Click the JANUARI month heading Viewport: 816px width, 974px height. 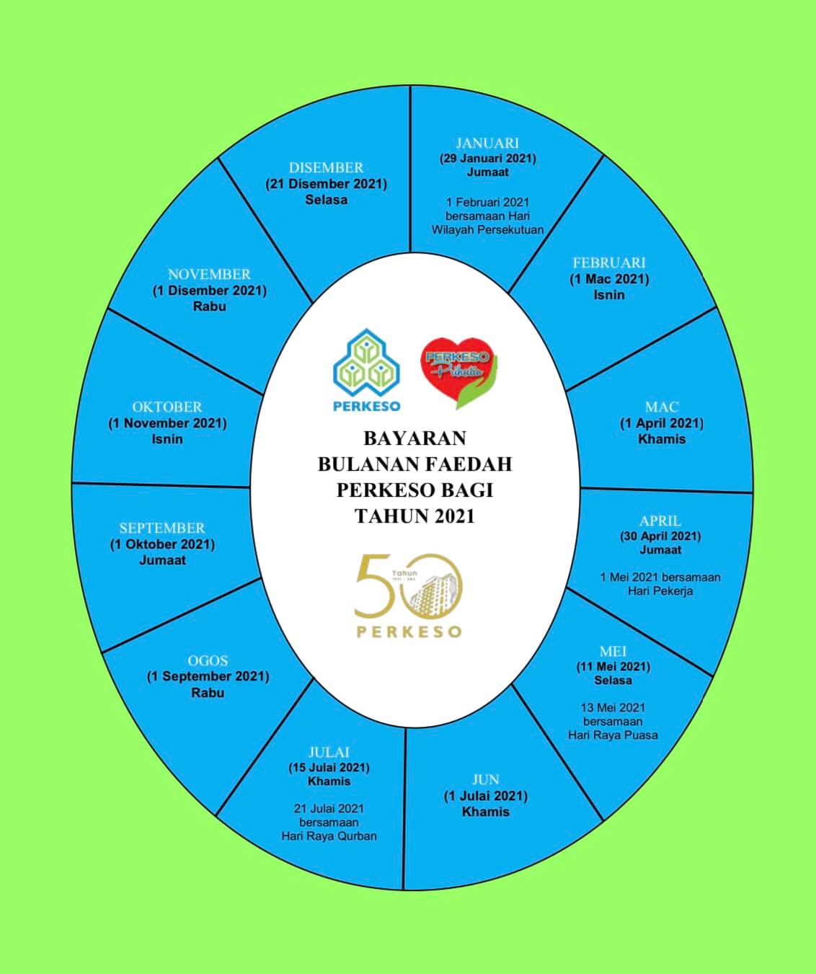pyautogui.click(x=487, y=143)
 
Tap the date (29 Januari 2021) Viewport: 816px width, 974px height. pyautogui.click(x=487, y=158)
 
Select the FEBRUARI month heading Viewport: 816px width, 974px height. pyautogui.click(x=609, y=262)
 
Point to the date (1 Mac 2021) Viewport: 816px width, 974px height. pyautogui.click(x=609, y=279)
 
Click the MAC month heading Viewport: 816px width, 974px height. pyautogui.click(x=662, y=407)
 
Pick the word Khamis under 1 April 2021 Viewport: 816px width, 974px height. pyautogui.click(x=662, y=439)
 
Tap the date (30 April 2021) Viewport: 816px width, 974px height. pyautogui.click(x=660, y=536)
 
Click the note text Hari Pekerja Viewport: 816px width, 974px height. pyautogui.click(x=660, y=591)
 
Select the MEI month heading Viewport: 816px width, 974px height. pyautogui.click(x=613, y=651)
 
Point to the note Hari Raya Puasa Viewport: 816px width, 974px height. pyautogui.click(x=613, y=735)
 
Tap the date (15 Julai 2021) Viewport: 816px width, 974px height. pyautogui.click(x=329, y=767)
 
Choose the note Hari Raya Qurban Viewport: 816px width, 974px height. pyautogui.click(x=329, y=836)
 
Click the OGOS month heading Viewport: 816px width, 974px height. pyautogui.click(x=208, y=660)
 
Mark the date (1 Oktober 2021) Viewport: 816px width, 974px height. pyautogui.click(x=162, y=544)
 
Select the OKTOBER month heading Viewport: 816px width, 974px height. pyautogui.click(x=167, y=407)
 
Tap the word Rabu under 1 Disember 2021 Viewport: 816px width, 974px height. pyautogui.click(x=210, y=306)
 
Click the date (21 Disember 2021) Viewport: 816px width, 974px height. pyautogui.click(x=326, y=184)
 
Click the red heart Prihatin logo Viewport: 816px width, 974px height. pyautogui.click(x=459, y=373)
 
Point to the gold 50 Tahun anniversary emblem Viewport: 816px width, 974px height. pyautogui.click(x=409, y=596)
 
